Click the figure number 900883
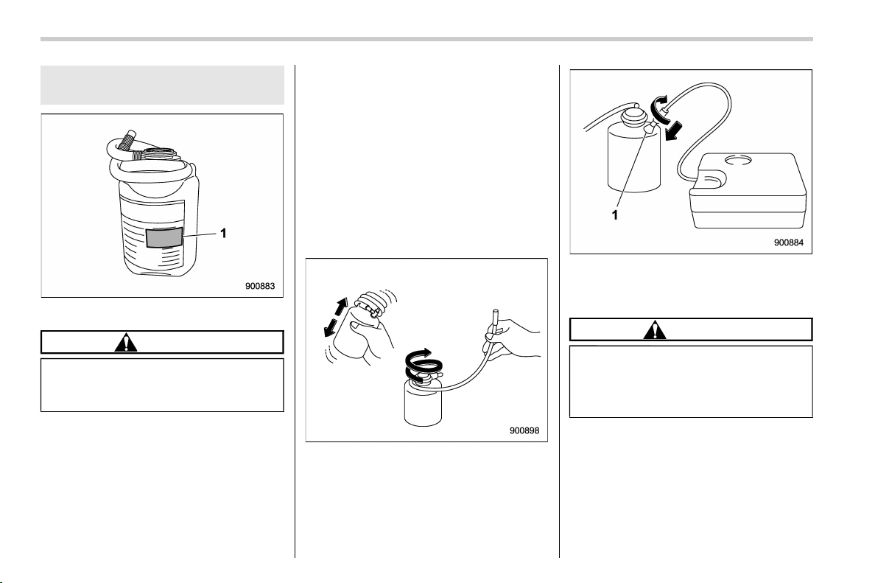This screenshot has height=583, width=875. coord(260,287)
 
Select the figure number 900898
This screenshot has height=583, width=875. coord(524,430)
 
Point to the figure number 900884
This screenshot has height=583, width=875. coord(789,242)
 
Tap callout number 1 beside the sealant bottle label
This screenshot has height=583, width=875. coord(223,234)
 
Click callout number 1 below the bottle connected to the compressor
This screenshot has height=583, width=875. coord(615,215)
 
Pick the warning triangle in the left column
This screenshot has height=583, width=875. coord(126,342)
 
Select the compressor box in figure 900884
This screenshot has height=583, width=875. coord(748,191)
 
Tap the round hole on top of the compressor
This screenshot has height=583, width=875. coord(740,161)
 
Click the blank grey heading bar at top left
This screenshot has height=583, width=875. coord(162,85)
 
